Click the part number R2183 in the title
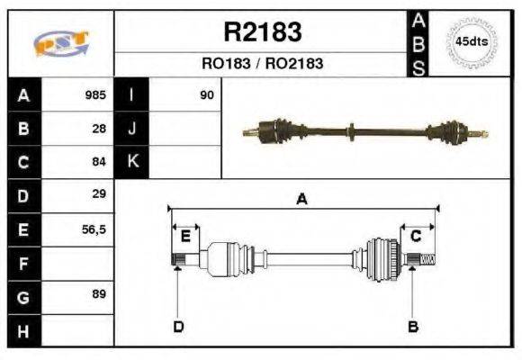coord(262,32)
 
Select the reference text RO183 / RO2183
coord(262,64)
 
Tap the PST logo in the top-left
coord(60,42)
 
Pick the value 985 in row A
coord(94,94)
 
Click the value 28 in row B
coord(99,128)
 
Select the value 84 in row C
coord(99,162)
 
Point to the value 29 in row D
coord(99,194)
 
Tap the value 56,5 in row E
coord(94,229)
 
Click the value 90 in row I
coord(206,94)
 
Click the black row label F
coord(23,263)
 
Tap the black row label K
coord(131,162)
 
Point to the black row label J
coord(131,128)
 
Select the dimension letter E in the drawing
coord(185,237)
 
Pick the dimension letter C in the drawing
coord(416,237)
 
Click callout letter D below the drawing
coord(177,326)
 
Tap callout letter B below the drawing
coord(413,326)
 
